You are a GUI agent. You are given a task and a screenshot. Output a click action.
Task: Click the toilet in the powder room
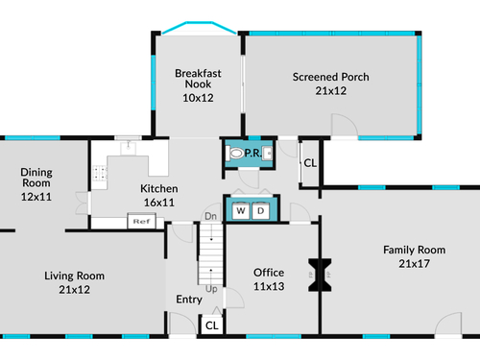235,153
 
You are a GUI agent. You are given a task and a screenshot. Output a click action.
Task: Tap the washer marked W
241,210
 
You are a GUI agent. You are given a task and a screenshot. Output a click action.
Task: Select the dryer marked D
261,210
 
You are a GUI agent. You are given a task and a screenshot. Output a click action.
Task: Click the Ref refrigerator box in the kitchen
142,221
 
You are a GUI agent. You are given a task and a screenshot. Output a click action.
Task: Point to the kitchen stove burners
100,173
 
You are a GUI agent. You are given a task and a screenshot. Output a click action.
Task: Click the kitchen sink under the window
129,148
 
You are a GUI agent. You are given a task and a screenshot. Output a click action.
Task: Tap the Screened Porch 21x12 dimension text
331,91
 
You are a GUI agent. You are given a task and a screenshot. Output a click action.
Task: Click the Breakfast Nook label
198,79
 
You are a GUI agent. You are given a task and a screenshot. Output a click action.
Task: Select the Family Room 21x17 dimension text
414,264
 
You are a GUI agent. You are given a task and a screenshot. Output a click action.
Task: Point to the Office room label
269,273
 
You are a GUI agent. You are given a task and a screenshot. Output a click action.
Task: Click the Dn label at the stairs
210,216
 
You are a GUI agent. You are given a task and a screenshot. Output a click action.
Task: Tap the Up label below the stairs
211,289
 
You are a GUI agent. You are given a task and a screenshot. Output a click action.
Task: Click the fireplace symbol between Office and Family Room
320,276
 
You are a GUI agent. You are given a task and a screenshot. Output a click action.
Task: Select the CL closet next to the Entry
212,325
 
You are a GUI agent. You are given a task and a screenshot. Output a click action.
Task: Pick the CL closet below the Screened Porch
310,163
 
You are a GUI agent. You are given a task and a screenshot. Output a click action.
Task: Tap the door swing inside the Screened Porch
345,125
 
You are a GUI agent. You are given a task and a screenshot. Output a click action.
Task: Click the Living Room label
74,276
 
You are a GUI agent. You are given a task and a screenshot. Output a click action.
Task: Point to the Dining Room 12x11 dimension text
36,197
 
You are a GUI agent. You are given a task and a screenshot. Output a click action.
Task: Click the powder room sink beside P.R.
267,153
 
